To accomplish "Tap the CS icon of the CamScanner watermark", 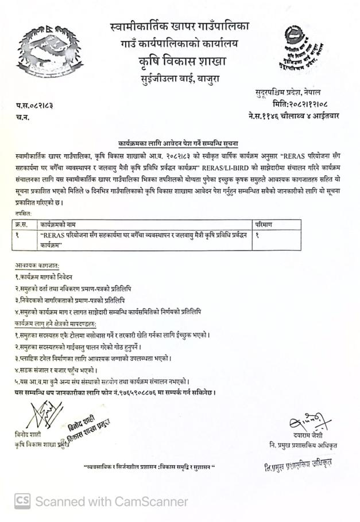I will (x=22, y=501).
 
